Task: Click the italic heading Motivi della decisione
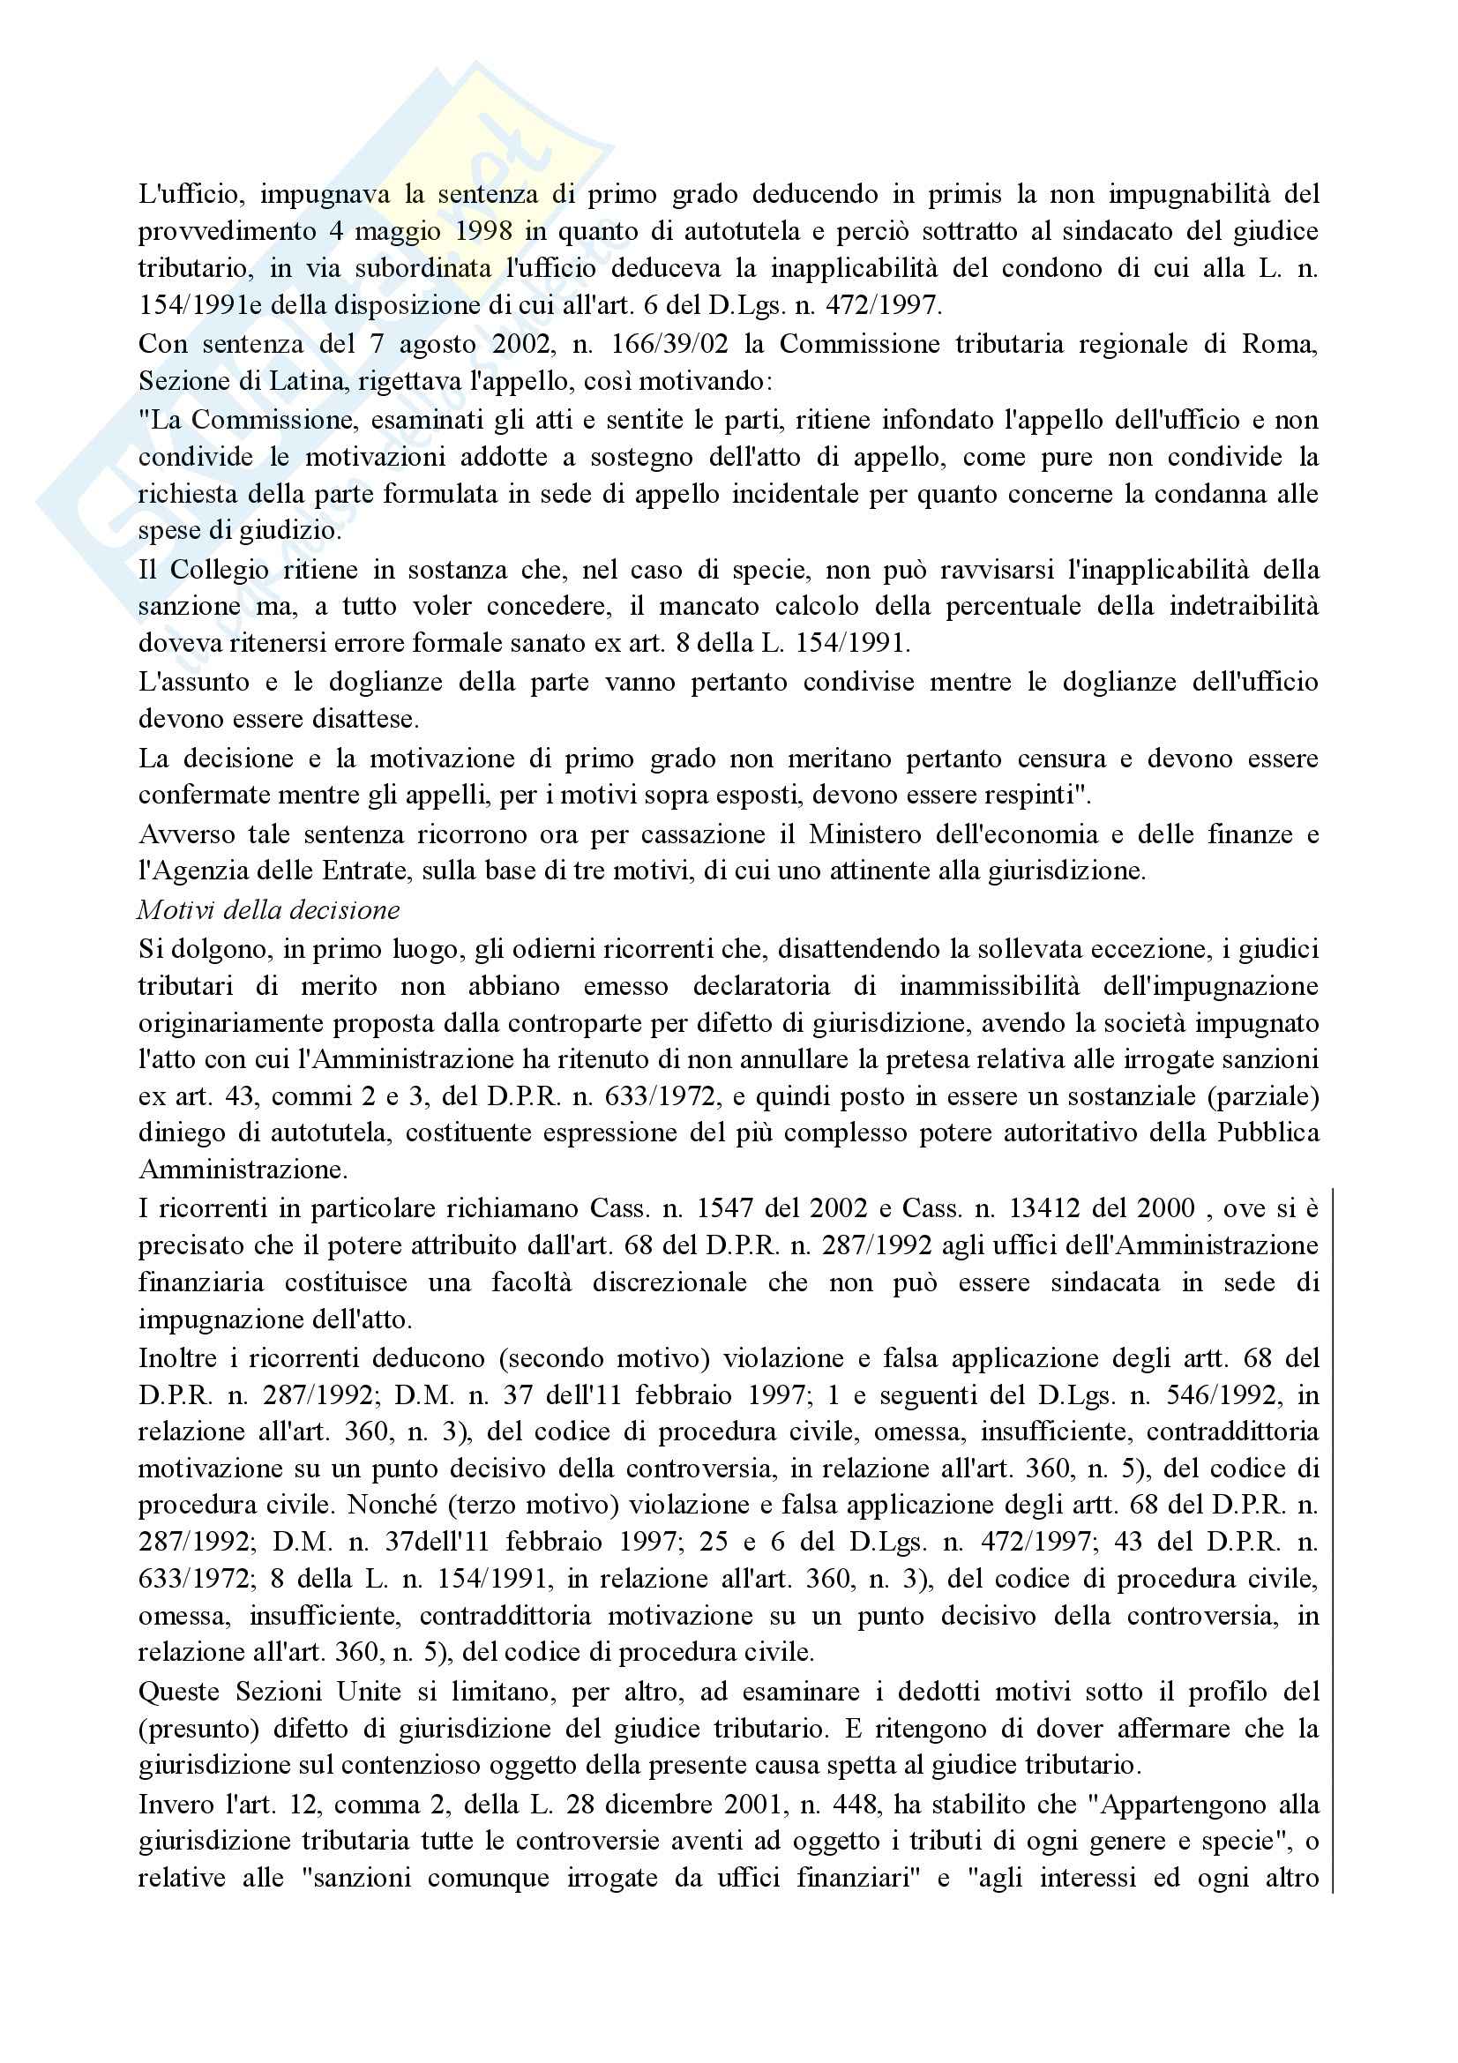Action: click(x=269, y=910)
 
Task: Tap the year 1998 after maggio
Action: click(x=484, y=231)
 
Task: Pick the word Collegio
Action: click(x=221, y=570)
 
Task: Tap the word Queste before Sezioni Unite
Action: click(x=180, y=1692)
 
